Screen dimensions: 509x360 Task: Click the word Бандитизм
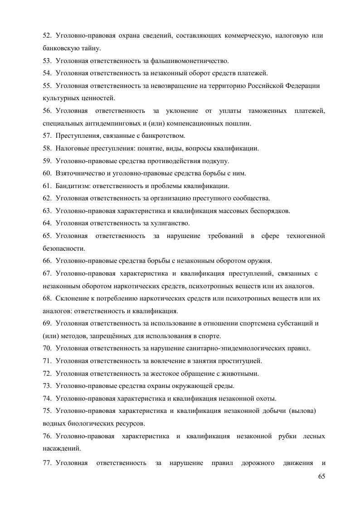coord(69,186)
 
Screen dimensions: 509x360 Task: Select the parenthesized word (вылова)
coord(302,411)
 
